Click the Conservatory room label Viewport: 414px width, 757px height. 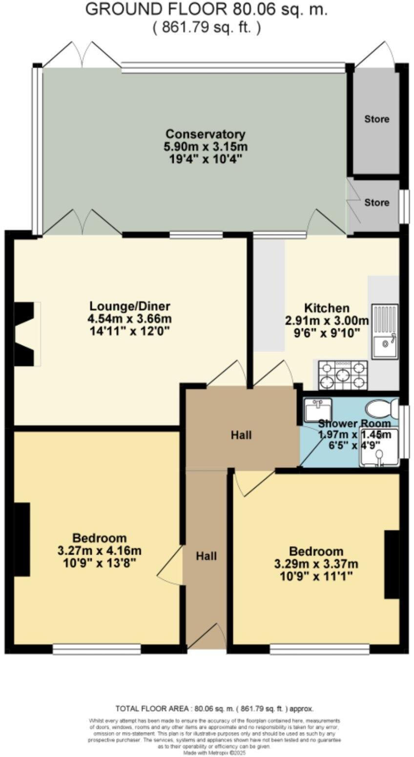coord(205,134)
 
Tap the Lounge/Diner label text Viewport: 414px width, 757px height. coord(129,306)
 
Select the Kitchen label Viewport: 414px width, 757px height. coord(327,308)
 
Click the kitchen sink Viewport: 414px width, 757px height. coord(385,332)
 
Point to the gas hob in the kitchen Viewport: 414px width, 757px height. coord(343,375)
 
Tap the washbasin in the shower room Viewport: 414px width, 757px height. coord(317,409)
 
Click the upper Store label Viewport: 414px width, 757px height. coord(377,119)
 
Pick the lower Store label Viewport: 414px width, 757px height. coord(377,202)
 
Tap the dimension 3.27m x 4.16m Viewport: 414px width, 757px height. coord(100,551)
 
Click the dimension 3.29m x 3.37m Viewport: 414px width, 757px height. coord(316,564)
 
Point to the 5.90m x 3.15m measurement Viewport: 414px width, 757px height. coord(205,146)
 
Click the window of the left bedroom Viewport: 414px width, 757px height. coord(97,649)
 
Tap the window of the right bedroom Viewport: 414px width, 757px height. coord(319,649)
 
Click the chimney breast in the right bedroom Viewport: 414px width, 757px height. coord(392,564)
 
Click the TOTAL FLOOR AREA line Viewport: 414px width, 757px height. coord(214,709)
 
